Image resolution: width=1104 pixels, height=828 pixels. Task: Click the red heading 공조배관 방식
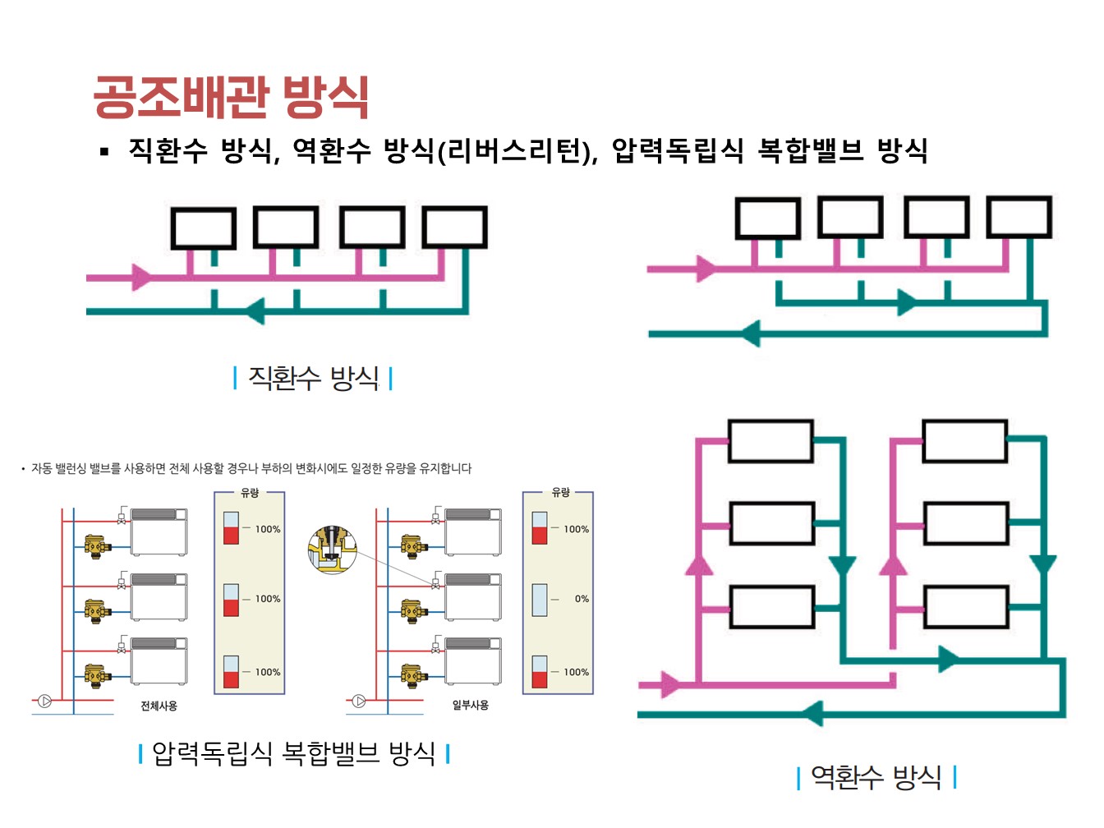coord(231,98)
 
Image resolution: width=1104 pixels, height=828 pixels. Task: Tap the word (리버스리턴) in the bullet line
coord(517,151)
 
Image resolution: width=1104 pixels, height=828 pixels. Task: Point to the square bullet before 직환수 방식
coord(104,151)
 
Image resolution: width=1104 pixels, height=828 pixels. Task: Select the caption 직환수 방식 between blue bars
coord(313,378)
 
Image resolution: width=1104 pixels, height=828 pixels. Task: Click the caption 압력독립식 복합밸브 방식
coord(293,753)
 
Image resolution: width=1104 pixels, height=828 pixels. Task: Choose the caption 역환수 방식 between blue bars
coord(876,776)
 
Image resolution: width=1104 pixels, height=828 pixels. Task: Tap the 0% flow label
coord(582,599)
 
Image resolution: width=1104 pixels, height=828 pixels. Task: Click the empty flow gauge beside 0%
coord(540,600)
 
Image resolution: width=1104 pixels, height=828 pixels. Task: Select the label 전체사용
coord(159,706)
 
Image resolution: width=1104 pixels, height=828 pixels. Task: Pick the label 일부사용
coord(470,705)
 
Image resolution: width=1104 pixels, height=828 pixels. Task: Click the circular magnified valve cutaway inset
coord(332,550)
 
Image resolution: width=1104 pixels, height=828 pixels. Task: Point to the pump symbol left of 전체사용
coord(45,701)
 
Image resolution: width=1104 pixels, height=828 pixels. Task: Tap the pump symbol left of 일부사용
coord(359,701)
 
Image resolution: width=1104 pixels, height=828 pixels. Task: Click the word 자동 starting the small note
coord(41,468)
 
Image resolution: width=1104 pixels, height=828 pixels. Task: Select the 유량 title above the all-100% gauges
coord(250,493)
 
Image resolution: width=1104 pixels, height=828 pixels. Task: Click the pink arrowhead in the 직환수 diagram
coord(142,277)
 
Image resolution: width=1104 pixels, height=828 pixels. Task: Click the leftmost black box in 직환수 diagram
coord(204,228)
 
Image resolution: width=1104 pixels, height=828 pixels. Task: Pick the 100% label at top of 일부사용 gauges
coord(576,529)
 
